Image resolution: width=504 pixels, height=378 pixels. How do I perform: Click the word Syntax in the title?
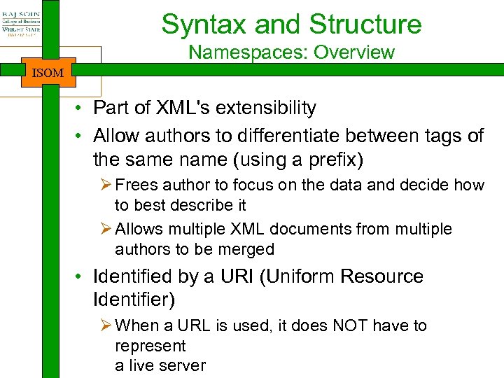204,24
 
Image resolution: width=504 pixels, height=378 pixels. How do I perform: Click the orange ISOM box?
48,73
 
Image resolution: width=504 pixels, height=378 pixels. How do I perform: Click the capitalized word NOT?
345,325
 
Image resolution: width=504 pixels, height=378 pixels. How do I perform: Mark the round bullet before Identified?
82,277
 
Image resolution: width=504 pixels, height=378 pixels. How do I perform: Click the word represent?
150,346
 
